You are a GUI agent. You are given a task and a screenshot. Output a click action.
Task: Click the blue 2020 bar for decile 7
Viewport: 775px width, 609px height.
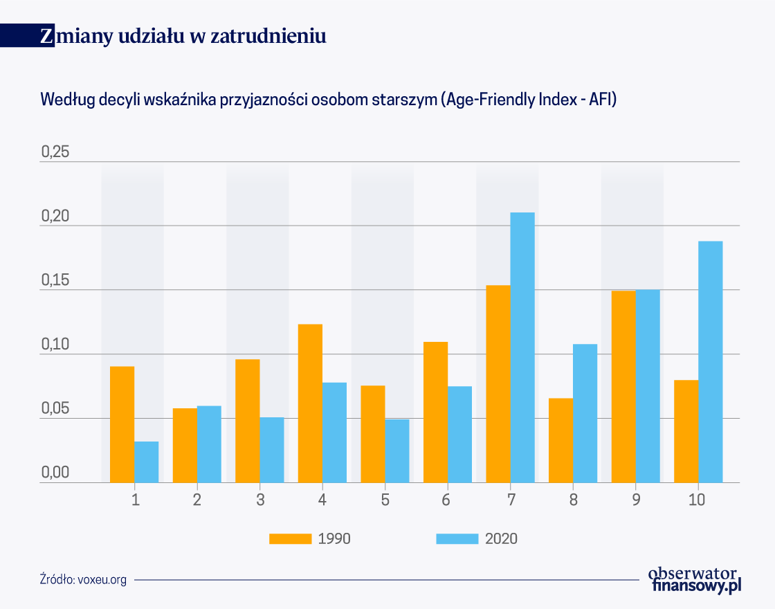pos(522,347)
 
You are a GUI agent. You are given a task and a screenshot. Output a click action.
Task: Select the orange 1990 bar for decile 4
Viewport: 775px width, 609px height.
pos(310,403)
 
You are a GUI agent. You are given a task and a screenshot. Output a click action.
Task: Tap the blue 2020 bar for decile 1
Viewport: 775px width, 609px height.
pos(146,462)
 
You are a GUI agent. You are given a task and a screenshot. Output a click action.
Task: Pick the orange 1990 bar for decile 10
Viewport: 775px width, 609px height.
pos(686,431)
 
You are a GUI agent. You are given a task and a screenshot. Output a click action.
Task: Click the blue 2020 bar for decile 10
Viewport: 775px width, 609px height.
pos(711,362)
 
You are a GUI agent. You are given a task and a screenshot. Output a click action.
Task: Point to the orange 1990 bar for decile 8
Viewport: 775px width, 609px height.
pos(561,440)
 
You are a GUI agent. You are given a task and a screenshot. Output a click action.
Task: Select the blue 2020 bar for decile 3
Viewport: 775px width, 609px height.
pos(272,450)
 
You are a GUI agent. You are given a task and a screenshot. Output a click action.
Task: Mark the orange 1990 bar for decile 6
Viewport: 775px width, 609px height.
pos(435,412)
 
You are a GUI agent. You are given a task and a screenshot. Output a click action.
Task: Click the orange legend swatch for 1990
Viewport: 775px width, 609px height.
pos(290,539)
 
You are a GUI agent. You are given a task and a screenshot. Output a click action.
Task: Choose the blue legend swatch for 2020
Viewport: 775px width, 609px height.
pos(457,539)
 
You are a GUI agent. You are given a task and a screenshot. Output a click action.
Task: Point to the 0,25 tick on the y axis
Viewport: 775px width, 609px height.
pos(55,152)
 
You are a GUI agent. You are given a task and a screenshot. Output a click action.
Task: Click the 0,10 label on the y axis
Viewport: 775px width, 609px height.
pos(55,345)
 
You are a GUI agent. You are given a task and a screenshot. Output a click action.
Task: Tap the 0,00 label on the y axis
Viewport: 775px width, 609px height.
pos(55,473)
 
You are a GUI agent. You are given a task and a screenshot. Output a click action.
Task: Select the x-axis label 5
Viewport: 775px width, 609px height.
pos(385,500)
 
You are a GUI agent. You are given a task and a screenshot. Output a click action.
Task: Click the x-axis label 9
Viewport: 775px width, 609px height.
pos(636,500)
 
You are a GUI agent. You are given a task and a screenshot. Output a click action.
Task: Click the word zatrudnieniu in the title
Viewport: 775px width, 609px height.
pos(268,36)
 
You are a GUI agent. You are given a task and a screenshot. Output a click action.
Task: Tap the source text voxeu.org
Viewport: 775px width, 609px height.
pos(102,579)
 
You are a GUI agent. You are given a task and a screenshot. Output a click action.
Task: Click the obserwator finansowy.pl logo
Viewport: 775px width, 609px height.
pos(695,580)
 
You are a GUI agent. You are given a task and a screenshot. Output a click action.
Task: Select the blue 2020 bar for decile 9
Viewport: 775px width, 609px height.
pos(648,386)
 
